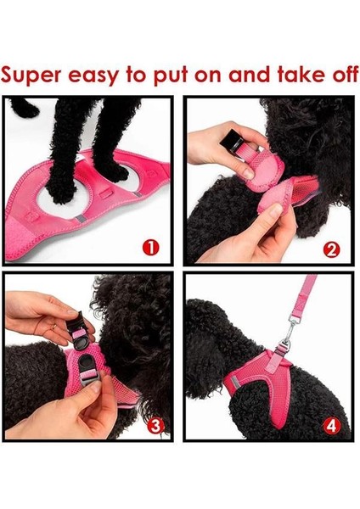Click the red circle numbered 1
[x=150, y=248]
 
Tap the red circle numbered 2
[x=331, y=249]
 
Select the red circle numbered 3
[x=155, y=426]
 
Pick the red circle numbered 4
[x=331, y=425]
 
